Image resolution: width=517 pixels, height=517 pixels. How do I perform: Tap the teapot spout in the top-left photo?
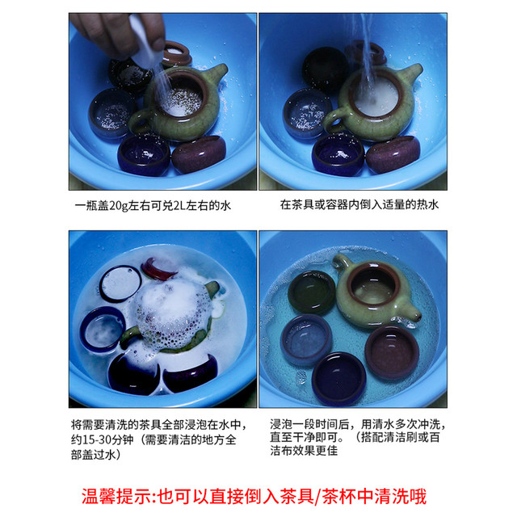tap(216, 74)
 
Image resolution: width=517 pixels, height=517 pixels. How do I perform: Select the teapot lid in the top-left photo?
tap(176, 53)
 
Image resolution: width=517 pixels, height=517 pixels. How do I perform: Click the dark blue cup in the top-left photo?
tap(144, 154)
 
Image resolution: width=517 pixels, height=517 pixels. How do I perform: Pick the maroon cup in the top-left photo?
tap(199, 154)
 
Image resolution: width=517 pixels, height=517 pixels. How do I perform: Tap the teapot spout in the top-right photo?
tap(411, 74)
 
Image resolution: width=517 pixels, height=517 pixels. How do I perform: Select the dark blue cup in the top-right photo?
tap(338, 154)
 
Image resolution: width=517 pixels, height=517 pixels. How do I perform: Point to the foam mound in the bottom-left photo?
tap(174, 314)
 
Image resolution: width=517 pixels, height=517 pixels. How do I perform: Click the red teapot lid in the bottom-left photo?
tap(158, 269)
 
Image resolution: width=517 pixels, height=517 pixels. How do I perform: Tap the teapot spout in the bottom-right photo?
tap(412, 313)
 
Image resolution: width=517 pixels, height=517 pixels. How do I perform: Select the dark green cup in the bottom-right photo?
tap(312, 292)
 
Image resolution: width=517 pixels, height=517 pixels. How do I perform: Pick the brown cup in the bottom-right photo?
tap(392, 352)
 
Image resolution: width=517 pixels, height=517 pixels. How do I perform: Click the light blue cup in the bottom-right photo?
tap(306, 340)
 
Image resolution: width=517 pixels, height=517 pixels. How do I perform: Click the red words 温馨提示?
tap(116, 497)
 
